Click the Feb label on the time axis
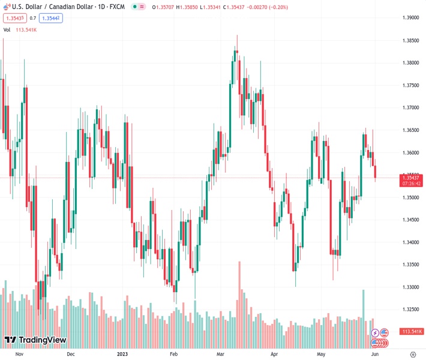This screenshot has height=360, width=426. pos(174,355)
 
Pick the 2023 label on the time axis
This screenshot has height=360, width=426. pos(123,355)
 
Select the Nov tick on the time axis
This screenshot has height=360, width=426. pos(19,355)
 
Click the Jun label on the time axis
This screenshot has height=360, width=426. pos(375,355)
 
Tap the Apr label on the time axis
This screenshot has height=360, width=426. pos(274,355)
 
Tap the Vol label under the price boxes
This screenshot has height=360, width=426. pos(7,29)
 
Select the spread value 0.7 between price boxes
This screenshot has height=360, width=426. pos(33,18)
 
